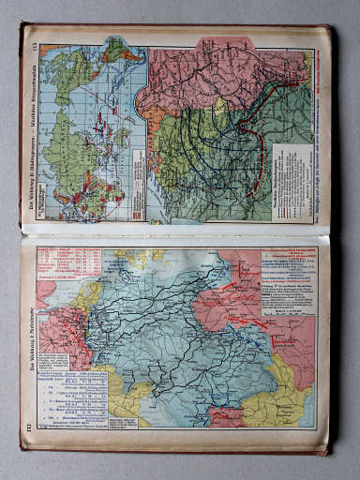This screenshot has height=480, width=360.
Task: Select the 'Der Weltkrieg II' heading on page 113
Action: [31, 122]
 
